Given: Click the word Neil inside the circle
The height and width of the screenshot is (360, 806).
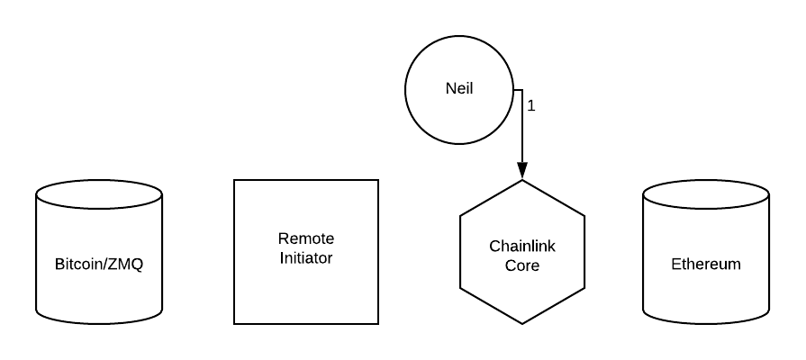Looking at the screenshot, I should [459, 91].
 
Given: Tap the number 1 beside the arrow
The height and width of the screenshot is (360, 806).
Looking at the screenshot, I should [531, 105].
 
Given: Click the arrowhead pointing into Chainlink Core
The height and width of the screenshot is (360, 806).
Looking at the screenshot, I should [522, 171].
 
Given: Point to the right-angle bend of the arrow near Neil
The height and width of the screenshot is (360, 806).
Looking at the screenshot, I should [522, 90].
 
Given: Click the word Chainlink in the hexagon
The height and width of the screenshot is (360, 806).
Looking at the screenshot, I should [522, 245].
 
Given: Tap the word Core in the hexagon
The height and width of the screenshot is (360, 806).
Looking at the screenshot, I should [522, 265].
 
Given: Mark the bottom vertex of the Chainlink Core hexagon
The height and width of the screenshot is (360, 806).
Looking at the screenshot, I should [522, 324].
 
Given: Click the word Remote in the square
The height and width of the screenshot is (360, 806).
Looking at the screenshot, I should [305, 239].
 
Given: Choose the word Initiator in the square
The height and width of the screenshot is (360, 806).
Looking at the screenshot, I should [305, 258].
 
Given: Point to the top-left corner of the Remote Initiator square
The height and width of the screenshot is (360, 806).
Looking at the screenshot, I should [234, 180].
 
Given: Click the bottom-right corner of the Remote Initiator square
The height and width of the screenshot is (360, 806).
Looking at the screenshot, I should [378, 324].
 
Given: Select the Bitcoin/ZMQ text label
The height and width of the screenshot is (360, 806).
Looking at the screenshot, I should [99, 265].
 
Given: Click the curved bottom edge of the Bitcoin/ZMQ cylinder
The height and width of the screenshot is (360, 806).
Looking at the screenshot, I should [99, 323].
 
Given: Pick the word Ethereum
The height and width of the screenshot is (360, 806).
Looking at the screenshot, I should [706, 265].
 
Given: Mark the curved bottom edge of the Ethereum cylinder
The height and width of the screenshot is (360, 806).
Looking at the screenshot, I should [706, 323].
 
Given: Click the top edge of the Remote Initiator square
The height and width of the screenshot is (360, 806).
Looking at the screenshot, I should [306, 180].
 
